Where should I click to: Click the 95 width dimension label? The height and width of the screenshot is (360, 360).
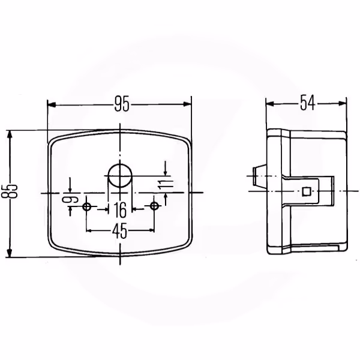coord(122,104)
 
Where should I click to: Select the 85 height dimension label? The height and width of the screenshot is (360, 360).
coord(10,191)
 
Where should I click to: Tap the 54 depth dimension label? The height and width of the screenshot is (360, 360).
coord(308,103)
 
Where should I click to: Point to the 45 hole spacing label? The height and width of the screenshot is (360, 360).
coord(119,231)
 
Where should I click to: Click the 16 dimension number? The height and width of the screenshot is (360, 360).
coord(121,210)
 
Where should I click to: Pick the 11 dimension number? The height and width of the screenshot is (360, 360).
coord(166,184)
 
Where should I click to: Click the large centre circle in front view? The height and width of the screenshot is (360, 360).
coord(120,176)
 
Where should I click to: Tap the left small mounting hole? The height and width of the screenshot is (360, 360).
coord(86,206)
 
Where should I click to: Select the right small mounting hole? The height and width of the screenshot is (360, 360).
coord(154,206)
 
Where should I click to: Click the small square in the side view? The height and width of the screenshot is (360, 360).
coord(306,191)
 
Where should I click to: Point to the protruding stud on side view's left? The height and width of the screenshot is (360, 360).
coord(259,176)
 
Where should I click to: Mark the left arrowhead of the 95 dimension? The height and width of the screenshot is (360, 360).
coord(52,105)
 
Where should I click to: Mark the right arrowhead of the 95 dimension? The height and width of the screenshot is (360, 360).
coord(187,104)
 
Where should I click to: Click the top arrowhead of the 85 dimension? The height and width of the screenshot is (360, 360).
coord(10,135)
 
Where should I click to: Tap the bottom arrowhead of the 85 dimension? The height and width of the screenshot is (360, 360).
coord(10,253)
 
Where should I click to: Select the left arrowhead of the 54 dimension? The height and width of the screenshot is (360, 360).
coord(270,104)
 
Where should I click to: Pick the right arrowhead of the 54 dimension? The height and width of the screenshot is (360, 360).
coord(342,103)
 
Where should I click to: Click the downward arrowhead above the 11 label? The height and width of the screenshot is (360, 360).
coord(166,172)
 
